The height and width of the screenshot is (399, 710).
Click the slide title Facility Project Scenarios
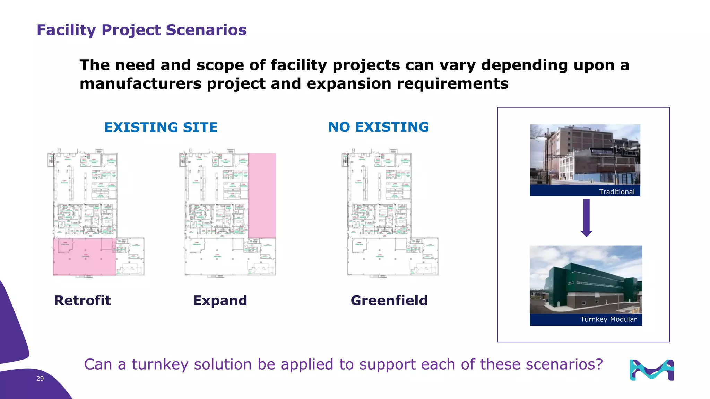point(141,30)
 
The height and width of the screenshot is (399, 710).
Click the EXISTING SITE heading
point(161,127)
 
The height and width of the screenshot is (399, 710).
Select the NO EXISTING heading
point(378,127)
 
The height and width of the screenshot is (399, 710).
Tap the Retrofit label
point(83,300)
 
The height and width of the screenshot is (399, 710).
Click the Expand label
point(220,300)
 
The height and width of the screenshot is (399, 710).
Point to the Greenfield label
point(389,300)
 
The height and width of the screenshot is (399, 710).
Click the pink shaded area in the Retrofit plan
point(84,256)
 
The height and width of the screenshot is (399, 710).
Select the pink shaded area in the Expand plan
point(262,196)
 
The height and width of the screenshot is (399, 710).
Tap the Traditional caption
point(616,192)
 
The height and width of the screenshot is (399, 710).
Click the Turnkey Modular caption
point(608,319)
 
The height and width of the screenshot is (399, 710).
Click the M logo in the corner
point(651,370)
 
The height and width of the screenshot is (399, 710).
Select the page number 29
point(40,379)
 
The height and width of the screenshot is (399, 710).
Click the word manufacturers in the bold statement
point(140,84)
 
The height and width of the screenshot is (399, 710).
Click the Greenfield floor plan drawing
point(390,213)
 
